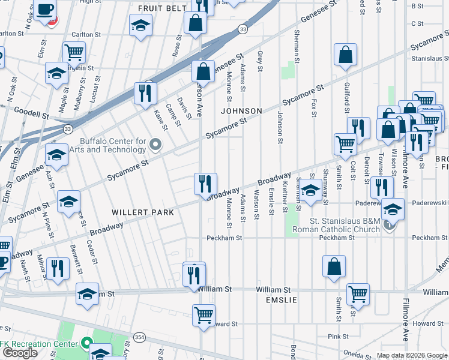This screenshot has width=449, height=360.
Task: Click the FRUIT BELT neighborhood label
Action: [x=160, y=8]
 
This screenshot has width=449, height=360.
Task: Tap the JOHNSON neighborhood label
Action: [x=241, y=111]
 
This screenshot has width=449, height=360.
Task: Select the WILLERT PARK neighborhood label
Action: [x=142, y=212]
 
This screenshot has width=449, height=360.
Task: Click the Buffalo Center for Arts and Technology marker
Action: [x=156, y=143]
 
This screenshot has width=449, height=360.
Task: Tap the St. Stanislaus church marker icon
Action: [x=390, y=225]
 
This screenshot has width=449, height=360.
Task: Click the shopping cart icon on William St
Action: [x=358, y=293]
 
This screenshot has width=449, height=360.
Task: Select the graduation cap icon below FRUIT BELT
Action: [x=140, y=25]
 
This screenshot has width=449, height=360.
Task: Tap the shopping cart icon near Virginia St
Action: [x=74, y=52]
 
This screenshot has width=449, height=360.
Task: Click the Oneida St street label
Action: [x=357, y=354]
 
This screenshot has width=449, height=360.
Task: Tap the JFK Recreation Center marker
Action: [x=86, y=344]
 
